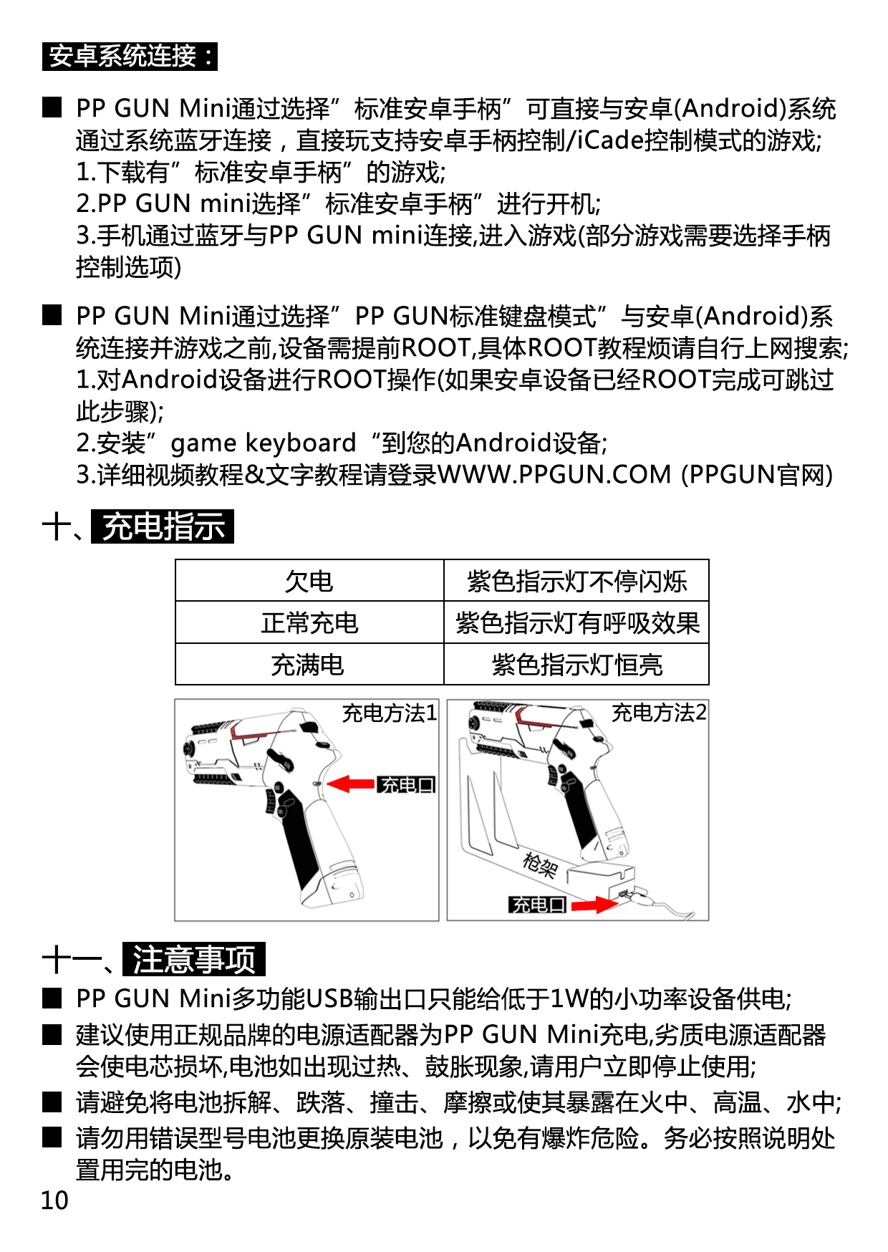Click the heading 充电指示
(x=163, y=526)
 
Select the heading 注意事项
(x=194, y=959)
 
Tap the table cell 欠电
(x=309, y=581)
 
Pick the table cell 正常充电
(x=309, y=622)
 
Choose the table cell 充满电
(x=309, y=665)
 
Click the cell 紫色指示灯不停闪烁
(x=576, y=581)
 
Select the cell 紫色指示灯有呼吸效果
(x=576, y=622)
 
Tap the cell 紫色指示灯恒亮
(x=576, y=665)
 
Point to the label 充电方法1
(x=389, y=713)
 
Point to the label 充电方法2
(x=659, y=713)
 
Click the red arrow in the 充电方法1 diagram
(x=351, y=784)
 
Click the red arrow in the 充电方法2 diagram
(x=594, y=905)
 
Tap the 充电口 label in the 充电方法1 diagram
(x=406, y=785)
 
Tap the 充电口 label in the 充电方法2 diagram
(x=538, y=905)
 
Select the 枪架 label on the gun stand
(x=540, y=865)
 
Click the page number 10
(x=54, y=1200)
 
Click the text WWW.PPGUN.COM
(x=554, y=475)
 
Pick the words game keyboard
(x=263, y=443)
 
